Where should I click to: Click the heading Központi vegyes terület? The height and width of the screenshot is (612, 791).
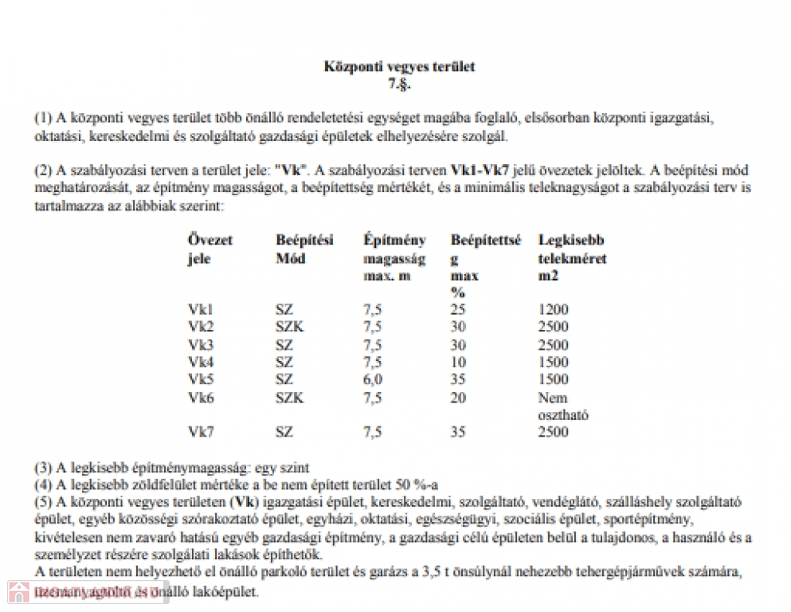point(399,67)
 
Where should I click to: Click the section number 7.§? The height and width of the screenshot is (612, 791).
point(399,82)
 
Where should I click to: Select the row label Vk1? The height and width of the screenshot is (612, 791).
point(201,309)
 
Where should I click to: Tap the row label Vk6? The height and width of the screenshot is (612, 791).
point(201,398)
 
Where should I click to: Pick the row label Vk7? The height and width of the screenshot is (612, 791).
point(201,432)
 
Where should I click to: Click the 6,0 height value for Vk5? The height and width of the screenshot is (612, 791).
point(372,379)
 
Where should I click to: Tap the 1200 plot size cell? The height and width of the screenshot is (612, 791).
point(554,309)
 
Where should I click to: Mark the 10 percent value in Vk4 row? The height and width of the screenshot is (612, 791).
point(458,362)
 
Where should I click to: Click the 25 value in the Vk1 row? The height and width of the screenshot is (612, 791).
point(458,309)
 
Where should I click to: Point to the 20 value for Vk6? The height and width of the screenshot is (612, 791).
point(458,398)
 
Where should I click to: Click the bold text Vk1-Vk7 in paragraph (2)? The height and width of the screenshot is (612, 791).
point(480,171)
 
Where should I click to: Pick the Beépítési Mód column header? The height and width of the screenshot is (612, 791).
point(305,249)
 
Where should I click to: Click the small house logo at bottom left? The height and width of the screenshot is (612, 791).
point(18,594)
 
